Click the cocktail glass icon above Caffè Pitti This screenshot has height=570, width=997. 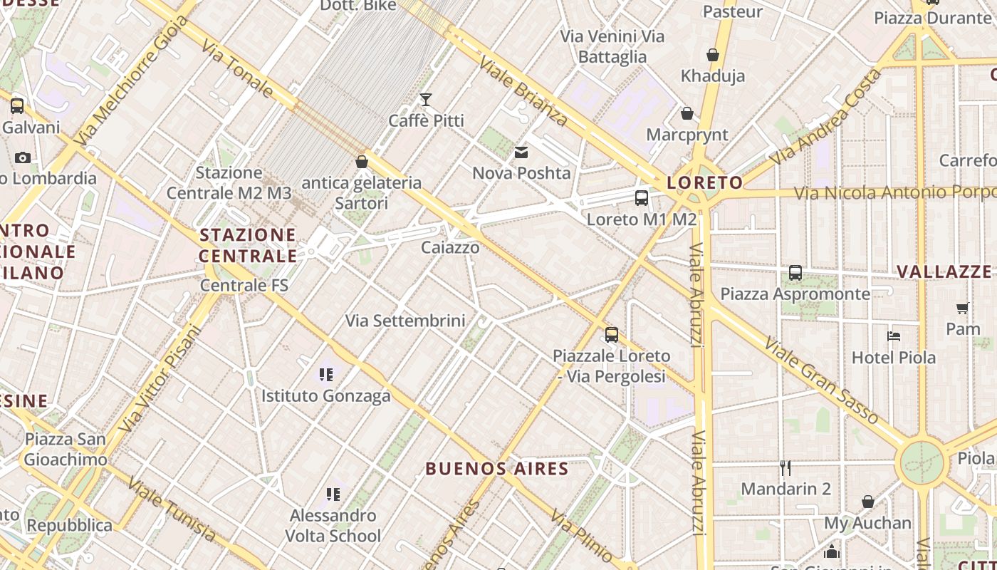(x=426, y=99)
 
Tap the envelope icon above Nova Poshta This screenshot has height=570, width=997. (x=522, y=152)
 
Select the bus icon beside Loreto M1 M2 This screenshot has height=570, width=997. (x=642, y=197)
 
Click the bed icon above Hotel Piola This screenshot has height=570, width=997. (x=894, y=336)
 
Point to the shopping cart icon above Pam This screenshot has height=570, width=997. (x=963, y=308)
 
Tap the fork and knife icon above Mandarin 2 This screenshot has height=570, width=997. (x=785, y=468)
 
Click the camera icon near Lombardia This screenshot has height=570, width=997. (x=23, y=157)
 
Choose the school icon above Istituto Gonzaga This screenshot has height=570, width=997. (x=326, y=374)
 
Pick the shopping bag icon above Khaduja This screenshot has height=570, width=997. (x=712, y=55)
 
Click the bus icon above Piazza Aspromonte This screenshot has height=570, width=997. (x=795, y=273)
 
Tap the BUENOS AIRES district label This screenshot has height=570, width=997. (x=497, y=469)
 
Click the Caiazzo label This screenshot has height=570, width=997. (x=450, y=248)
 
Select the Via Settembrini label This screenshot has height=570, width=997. (x=405, y=321)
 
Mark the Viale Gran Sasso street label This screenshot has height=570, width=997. (x=821, y=380)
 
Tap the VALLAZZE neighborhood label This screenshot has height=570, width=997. (x=944, y=271)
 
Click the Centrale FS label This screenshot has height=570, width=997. (x=244, y=286)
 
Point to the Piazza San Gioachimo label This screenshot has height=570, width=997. (x=66, y=449)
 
